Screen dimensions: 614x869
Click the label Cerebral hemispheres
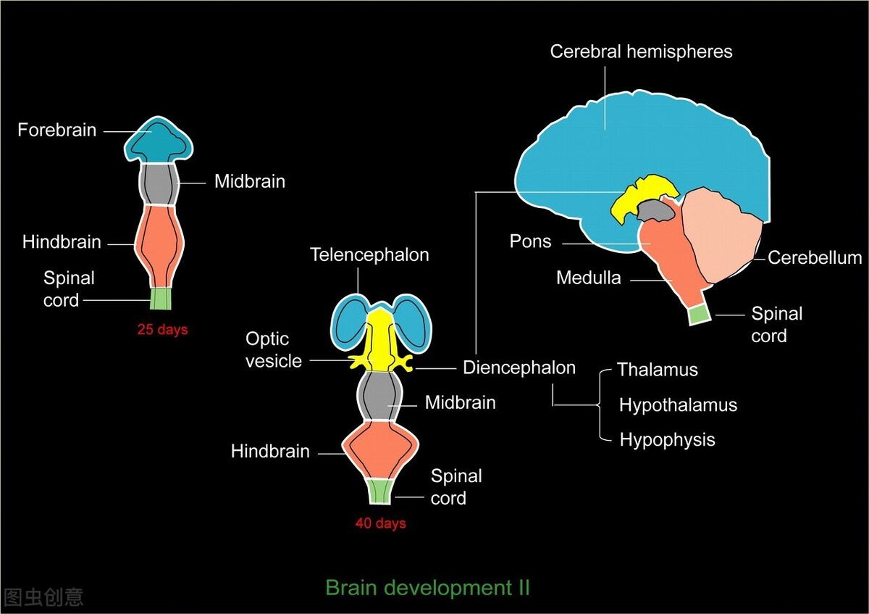[x=641, y=52]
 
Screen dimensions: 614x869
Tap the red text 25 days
[x=162, y=330]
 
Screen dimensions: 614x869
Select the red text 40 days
[x=380, y=523]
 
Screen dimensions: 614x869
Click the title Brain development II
[x=427, y=587]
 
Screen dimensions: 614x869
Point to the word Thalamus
[x=657, y=370]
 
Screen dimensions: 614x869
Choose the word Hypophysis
[x=667, y=440]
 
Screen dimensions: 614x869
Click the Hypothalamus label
[x=678, y=405]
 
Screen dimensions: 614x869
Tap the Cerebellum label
[x=815, y=258]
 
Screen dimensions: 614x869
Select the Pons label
[x=530, y=241]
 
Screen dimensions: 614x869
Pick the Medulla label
[x=588, y=278]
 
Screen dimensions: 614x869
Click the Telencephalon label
[x=369, y=255]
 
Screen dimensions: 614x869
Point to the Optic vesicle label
[x=273, y=349]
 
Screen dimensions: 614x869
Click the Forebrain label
[x=57, y=130]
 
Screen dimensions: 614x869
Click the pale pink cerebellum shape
[x=721, y=236]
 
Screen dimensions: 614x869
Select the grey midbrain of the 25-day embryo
[x=158, y=185]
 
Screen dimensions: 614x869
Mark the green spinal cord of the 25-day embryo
[x=161, y=299]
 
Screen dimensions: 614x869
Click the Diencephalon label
[x=519, y=368]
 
